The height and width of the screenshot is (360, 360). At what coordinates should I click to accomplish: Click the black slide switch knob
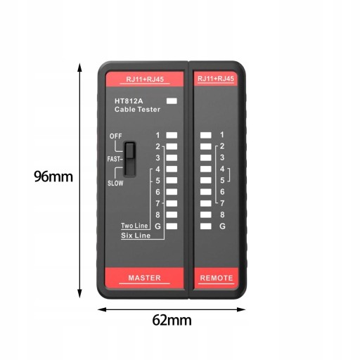pyautogui.click(x=129, y=150)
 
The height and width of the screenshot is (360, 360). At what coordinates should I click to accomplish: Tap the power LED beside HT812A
pyautogui.click(x=172, y=101)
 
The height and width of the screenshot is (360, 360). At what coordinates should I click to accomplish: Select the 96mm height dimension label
pyautogui.click(x=53, y=176)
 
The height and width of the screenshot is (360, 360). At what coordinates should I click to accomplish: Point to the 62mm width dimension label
pyautogui.click(x=172, y=320)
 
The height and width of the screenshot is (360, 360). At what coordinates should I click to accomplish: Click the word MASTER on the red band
pyautogui.click(x=144, y=278)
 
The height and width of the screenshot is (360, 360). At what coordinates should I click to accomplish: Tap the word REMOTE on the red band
pyautogui.click(x=217, y=278)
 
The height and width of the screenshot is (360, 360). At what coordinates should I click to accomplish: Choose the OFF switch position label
pyautogui.click(x=115, y=136)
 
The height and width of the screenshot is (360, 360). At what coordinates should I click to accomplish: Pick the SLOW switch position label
pyautogui.click(x=115, y=183)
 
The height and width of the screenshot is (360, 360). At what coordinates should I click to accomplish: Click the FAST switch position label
pyautogui.click(x=115, y=159)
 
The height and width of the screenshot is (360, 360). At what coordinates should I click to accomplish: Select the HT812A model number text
pyautogui.click(x=129, y=101)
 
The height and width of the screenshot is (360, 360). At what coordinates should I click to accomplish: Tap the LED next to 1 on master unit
pyautogui.click(x=172, y=135)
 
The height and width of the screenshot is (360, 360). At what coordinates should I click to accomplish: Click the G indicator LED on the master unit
pyautogui.click(x=172, y=226)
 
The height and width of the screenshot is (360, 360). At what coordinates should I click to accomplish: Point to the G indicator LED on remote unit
pyautogui.click(x=206, y=226)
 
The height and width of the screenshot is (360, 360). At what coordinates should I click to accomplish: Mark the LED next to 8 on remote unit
pyautogui.click(x=206, y=214)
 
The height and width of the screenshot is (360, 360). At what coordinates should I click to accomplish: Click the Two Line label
pyautogui.click(x=134, y=226)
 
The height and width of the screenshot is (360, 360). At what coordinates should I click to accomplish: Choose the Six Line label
pyautogui.click(x=136, y=236)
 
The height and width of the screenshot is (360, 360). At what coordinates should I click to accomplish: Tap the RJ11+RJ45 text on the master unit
pyautogui.click(x=145, y=79)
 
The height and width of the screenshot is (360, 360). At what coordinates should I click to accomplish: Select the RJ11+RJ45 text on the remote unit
pyautogui.click(x=216, y=79)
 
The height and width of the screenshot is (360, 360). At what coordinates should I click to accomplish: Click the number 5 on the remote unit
pyautogui.click(x=222, y=181)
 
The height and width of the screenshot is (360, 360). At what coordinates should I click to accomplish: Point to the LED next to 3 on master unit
pyautogui.click(x=172, y=157)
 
